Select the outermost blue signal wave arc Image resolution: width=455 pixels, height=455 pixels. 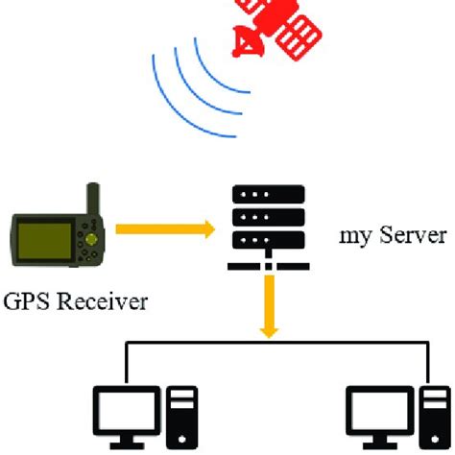pyautogui.click(x=168, y=91)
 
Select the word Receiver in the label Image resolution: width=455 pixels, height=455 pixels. pyautogui.click(x=106, y=303)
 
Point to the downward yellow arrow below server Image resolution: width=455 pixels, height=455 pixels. pyautogui.click(x=270, y=307)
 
